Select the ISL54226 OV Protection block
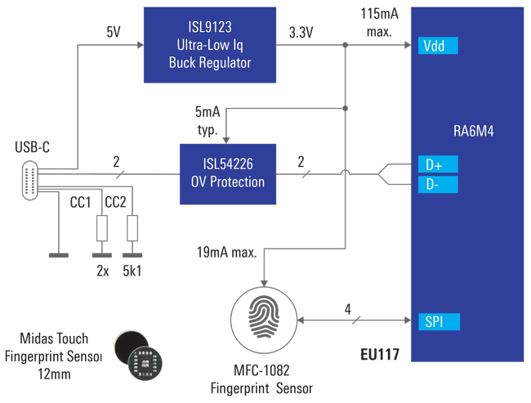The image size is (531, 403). [x=228, y=174]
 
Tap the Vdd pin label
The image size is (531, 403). [x=437, y=47]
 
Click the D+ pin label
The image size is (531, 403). [x=437, y=165]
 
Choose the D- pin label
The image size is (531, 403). [x=437, y=185]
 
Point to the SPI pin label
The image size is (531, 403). [x=437, y=321]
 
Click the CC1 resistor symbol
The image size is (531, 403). [x=102, y=229]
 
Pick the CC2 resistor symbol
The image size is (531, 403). [x=132, y=229]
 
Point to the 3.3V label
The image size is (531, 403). [x=304, y=34]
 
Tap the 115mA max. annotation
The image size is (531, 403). [x=379, y=22]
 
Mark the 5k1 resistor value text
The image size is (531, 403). [x=130, y=271]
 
